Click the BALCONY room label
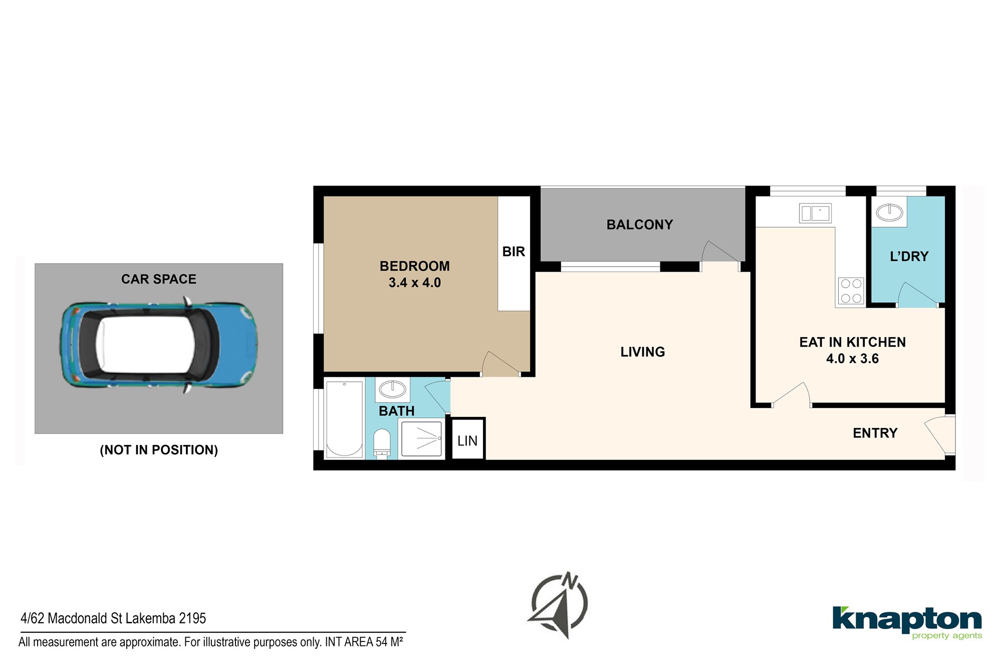[640, 225]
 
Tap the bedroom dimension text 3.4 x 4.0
[415, 283]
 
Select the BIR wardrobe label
[514, 252]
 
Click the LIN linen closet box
[468, 439]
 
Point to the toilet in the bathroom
[382, 443]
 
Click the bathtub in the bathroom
[344, 419]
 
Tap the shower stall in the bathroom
[421, 439]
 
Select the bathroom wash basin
[392, 389]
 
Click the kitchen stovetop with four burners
[851, 291]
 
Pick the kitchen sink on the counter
[815, 213]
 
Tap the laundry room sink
[889, 212]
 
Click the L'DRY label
[909, 257]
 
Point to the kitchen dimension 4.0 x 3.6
[852, 359]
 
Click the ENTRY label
[875, 433]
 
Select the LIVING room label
[643, 352]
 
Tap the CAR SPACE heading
[159, 279]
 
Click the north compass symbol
[559, 605]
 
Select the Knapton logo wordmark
[907, 621]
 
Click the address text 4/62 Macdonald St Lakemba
[99, 618]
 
